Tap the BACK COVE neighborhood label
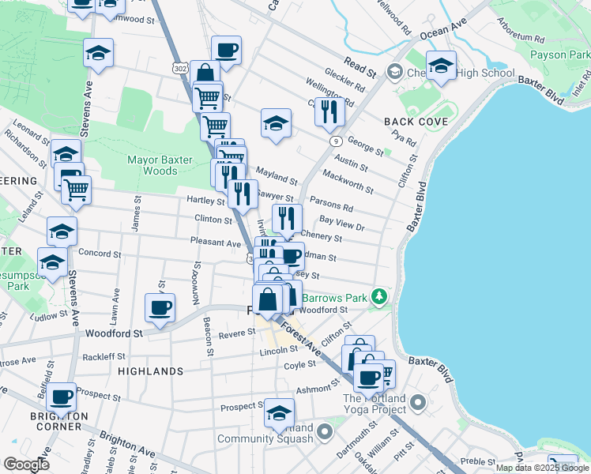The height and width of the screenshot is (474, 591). (x=416, y=122)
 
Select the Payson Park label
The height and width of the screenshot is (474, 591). (x=560, y=55)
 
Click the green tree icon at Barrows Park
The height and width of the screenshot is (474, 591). (x=380, y=297)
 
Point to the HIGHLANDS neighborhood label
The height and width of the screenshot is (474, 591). (x=150, y=371)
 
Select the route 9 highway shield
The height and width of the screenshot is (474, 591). (x=337, y=141)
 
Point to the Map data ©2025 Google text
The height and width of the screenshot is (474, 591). (x=542, y=468)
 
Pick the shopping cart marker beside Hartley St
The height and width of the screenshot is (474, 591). (x=76, y=190)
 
